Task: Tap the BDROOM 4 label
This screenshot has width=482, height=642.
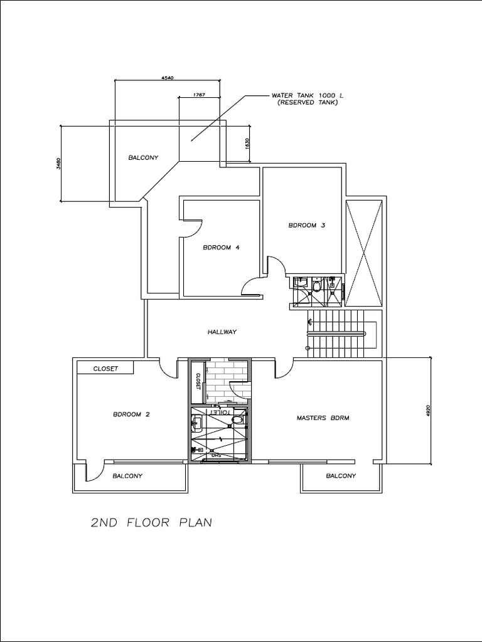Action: [x=221, y=248]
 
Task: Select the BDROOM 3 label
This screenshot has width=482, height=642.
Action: [x=306, y=225]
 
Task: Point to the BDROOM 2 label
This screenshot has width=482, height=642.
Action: [x=131, y=414]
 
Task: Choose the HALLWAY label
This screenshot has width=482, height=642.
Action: [x=222, y=332]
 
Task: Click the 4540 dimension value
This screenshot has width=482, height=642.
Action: [x=167, y=77]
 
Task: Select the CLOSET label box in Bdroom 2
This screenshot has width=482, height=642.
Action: [x=105, y=369]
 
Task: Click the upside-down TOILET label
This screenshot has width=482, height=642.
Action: [x=219, y=413]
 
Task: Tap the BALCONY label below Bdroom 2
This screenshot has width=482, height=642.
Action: [x=127, y=476]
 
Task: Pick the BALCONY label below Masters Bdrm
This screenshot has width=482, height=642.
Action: [x=341, y=476]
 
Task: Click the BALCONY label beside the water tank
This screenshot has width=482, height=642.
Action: [x=143, y=157]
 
